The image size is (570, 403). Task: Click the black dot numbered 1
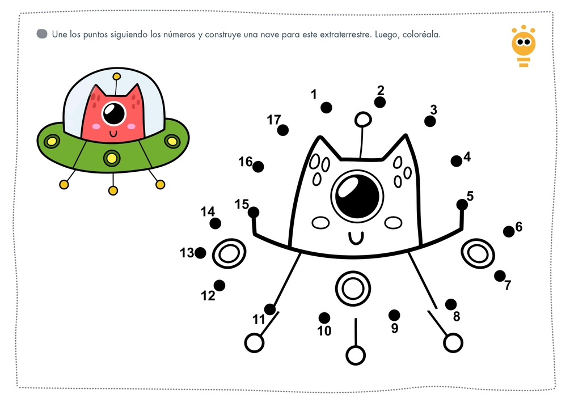326,108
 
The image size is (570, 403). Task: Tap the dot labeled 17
283,130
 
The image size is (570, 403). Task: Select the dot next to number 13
200,253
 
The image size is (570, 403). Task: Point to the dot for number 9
394,315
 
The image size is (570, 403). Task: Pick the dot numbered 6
509,231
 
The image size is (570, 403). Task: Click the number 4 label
467,157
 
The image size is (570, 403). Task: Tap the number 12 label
208,296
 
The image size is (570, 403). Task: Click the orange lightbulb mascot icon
523,46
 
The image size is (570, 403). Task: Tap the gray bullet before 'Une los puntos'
42,34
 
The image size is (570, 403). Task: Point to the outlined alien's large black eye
357,196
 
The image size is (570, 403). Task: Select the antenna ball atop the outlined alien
363,119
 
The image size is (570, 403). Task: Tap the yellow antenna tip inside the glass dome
117,77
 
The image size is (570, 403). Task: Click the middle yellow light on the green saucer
112,159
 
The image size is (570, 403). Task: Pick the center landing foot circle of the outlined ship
356,355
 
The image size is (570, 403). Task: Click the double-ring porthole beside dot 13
229,253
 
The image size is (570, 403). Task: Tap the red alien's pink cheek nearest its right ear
131,126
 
